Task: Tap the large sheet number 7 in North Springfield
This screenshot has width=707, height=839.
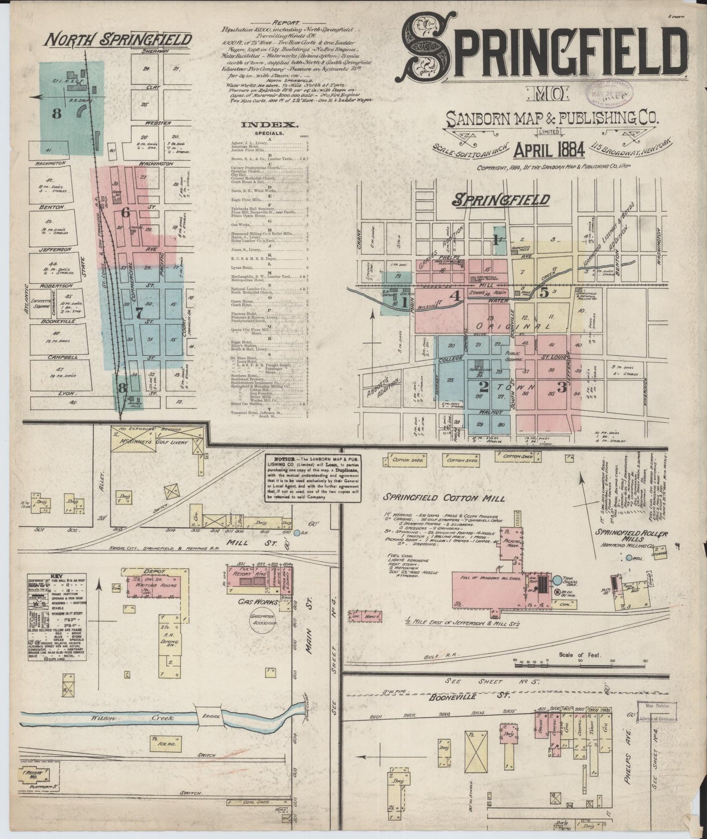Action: click(139, 314)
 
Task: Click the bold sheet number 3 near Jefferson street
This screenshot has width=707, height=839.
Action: click(562, 389)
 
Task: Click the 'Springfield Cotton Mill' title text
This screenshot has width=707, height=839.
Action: click(444, 498)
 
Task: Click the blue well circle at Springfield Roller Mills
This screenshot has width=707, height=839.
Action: click(629, 557)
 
